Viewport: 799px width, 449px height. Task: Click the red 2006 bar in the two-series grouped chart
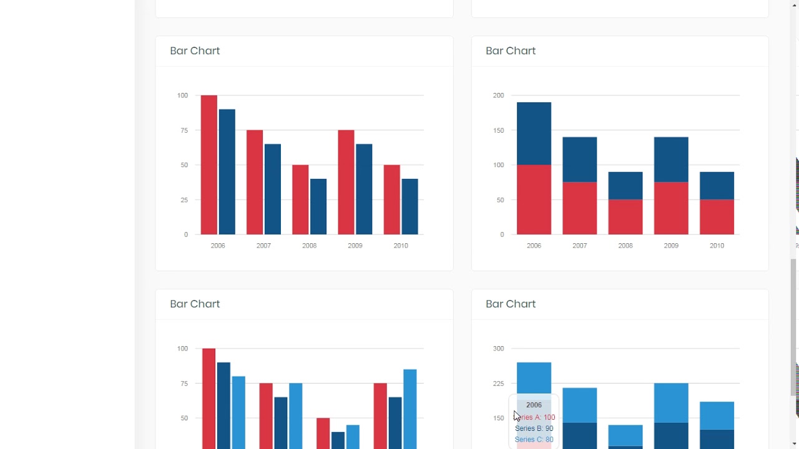208,165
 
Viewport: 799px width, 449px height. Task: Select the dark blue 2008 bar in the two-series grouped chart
318,207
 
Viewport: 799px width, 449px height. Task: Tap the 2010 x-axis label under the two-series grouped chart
401,246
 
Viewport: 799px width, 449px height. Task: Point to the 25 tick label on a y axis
184,200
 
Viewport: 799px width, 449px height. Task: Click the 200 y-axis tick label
498,95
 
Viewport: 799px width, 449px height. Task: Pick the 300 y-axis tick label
498,349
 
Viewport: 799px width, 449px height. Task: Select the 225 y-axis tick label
498,384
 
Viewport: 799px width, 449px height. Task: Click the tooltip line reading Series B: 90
534,428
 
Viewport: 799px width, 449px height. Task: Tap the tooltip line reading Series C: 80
534,440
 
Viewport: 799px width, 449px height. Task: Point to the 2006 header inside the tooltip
534,405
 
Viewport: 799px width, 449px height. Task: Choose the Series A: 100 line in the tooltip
535,417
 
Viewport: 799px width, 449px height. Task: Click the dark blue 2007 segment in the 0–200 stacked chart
579,160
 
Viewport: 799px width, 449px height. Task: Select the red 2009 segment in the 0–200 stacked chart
671,208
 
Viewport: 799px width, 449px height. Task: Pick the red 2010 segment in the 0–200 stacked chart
717,217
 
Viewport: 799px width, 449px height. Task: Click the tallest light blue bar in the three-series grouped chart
409,408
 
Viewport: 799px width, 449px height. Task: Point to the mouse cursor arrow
516,416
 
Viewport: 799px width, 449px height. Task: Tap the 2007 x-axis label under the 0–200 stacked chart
579,246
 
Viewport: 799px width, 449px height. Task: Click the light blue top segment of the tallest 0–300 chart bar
534,378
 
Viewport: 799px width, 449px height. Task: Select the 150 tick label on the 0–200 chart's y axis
498,130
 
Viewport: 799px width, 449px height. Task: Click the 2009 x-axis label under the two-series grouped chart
355,246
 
